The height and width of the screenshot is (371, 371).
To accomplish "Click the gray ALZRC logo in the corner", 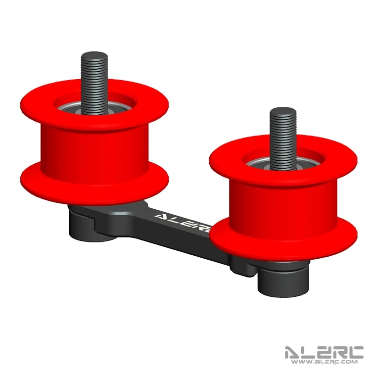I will pos(324,352).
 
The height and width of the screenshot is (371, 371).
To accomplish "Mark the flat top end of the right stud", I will pos(282,110).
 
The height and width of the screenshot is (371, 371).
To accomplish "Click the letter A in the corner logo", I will pos(292,352).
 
